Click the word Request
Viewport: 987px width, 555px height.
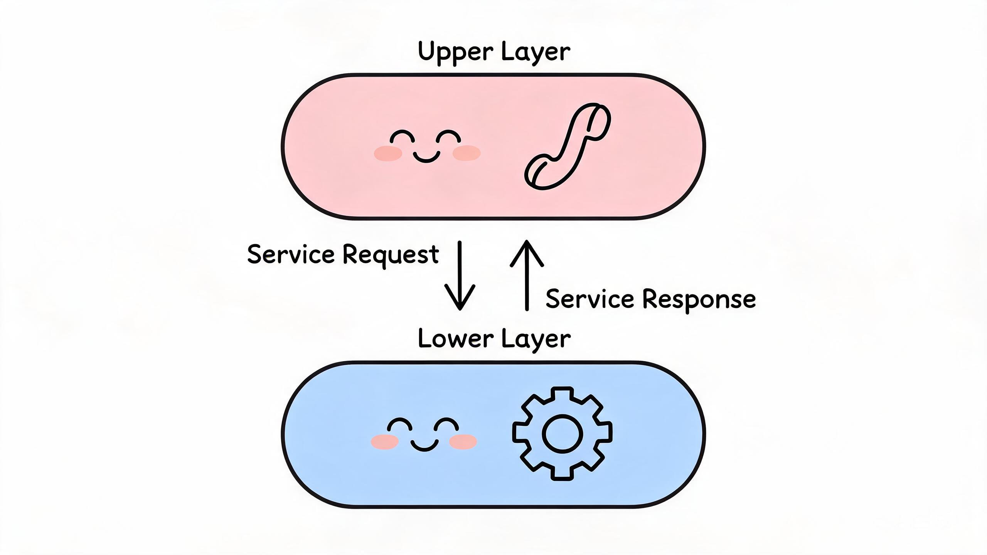(x=391, y=255)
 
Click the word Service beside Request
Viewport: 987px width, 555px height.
(x=291, y=254)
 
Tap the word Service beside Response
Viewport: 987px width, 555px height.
(x=590, y=299)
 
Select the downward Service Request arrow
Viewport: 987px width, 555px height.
(x=460, y=276)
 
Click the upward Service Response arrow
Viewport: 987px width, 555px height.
(x=527, y=275)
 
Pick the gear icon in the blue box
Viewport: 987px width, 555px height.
(x=562, y=433)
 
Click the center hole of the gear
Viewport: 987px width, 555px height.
(x=562, y=434)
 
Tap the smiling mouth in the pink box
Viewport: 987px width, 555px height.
(x=426, y=156)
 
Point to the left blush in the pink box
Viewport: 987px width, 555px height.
(x=388, y=153)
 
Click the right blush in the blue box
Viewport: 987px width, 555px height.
(x=463, y=442)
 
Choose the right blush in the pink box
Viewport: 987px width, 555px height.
(x=467, y=153)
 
